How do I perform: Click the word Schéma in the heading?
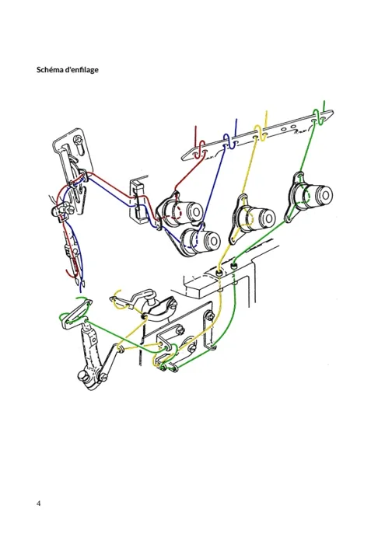pyautogui.click(x=50, y=70)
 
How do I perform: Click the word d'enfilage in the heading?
pyautogui.click(x=82, y=70)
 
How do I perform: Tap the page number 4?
pyautogui.click(x=39, y=503)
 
